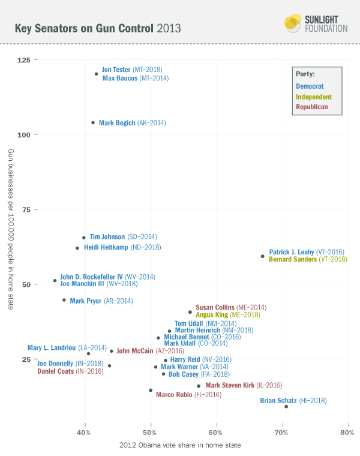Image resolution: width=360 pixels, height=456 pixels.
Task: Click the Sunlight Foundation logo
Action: click(x=315, y=24)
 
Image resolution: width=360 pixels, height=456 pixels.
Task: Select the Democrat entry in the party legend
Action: click(x=310, y=86)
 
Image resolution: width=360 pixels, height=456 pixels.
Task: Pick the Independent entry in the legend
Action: click(x=313, y=97)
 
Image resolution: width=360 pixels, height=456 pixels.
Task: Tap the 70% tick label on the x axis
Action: click(x=281, y=432)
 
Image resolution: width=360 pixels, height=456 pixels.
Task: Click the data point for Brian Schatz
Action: click(x=286, y=407)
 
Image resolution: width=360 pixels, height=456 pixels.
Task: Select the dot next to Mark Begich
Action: click(x=93, y=123)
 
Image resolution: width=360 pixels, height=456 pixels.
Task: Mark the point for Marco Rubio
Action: click(x=151, y=390)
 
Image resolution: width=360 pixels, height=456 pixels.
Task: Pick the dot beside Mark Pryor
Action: click(x=64, y=300)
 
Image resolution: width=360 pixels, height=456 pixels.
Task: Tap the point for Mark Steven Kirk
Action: click(x=199, y=386)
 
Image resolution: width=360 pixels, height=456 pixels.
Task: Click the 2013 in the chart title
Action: click(x=168, y=28)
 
